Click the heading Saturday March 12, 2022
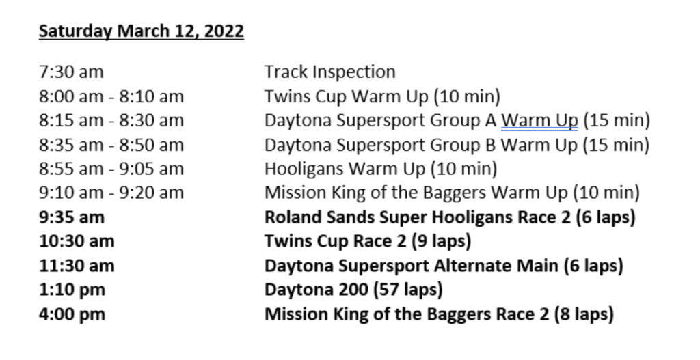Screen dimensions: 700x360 (x=141, y=31)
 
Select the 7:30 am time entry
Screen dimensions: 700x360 (x=71, y=72)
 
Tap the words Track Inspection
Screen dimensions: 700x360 (x=330, y=72)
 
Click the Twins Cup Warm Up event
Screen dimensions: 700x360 (x=382, y=96)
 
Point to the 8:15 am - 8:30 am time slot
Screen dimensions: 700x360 (x=111, y=120)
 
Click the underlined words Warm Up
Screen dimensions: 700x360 (x=539, y=120)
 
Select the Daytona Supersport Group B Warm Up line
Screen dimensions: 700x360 (x=457, y=145)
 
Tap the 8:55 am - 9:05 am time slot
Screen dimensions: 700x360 (x=111, y=169)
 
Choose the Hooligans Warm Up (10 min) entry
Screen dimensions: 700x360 (x=381, y=169)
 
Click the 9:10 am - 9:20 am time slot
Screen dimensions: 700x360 (x=111, y=193)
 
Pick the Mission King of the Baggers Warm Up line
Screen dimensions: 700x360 (x=452, y=193)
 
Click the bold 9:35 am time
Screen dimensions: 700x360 (x=71, y=217)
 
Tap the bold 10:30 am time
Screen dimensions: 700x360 (x=77, y=241)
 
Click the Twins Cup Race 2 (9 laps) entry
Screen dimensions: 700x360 (x=368, y=241)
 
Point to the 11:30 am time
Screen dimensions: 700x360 (x=77, y=266)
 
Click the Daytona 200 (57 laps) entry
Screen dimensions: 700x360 (x=353, y=290)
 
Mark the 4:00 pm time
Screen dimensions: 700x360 (x=72, y=314)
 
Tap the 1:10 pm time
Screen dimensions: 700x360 (x=72, y=290)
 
